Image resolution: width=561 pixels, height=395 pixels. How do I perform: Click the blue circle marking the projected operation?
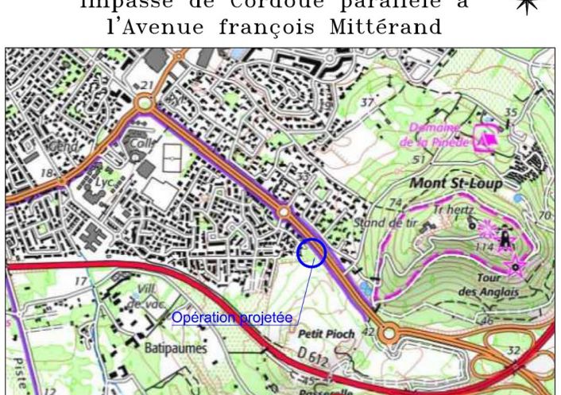311,253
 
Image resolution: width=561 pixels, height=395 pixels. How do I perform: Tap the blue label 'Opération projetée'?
231,318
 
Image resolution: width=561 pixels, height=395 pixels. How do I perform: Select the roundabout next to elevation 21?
145,103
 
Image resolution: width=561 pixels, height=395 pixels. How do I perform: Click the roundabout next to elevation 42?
389,335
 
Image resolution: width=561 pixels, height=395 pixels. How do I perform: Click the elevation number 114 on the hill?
486,246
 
